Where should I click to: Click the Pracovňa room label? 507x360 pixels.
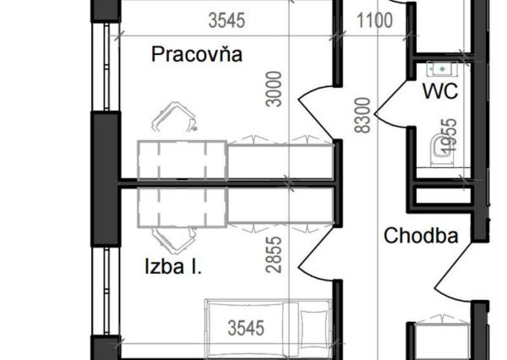click(197, 55)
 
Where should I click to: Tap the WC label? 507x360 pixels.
click(440, 91)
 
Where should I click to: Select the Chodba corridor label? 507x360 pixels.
click(421, 236)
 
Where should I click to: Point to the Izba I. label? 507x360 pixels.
click(172, 269)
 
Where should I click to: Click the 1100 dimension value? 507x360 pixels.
click(374, 20)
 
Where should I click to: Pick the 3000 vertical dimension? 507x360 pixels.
click(273, 88)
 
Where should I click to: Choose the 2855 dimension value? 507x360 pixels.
click(273, 254)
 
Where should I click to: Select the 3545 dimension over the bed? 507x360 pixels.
click(246, 327)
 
